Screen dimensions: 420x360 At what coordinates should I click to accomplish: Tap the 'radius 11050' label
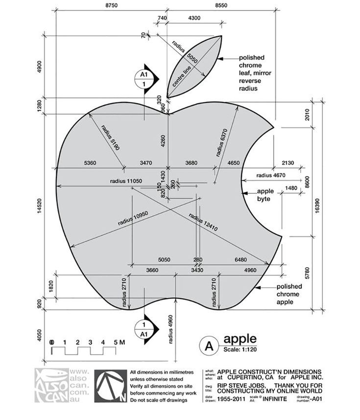click(126, 181)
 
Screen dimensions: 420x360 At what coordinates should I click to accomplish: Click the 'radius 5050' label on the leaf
click(188, 53)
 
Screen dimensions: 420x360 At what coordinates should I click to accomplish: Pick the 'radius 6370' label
click(223, 142)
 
